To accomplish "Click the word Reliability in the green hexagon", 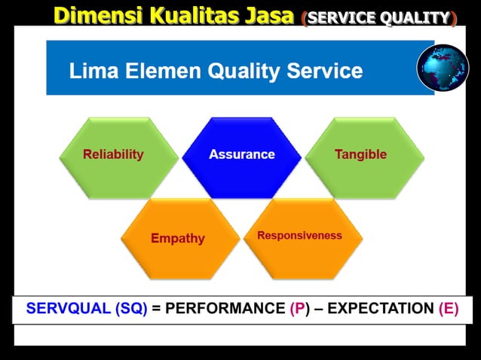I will tap(113, 154).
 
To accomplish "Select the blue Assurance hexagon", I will tap(241, 154).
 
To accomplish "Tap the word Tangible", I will tap(360, 154).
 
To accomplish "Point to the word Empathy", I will tap(178, 238).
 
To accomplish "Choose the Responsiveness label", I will tap(299, 236).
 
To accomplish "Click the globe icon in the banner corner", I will tap(443, 69).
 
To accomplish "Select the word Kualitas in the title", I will tap(188, 14).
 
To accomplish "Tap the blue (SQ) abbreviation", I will tap(132, 309).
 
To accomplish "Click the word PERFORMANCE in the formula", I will tap(224, 309).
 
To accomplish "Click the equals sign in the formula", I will tap(156, 309).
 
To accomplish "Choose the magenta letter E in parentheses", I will tap(448, 309).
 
